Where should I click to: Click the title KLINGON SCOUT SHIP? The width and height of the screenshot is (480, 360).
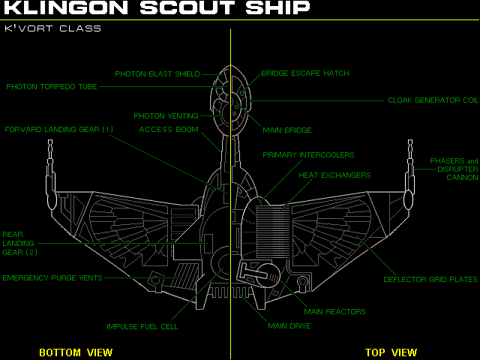coord(157,9)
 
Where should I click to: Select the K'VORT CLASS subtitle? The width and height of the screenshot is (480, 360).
coord(52,28)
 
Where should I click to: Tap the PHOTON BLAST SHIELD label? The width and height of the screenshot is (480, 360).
coord(157,74)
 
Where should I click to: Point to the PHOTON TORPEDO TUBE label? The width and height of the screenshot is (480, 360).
coord(52,87)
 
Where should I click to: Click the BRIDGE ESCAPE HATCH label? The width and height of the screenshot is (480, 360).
coord(305,73)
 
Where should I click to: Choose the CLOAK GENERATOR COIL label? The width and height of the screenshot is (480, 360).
coord(433,100)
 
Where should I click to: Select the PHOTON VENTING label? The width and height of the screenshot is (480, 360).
coord(166,116)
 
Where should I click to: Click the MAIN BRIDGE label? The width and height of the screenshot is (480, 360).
coord(287,130)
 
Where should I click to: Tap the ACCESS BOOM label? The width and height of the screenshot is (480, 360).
coord(169,130)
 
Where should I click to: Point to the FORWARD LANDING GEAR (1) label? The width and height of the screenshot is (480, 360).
coord(59,129)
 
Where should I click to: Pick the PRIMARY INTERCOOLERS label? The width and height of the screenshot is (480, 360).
coord(308,155)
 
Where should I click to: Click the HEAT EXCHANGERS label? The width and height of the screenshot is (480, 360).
coord(334,175)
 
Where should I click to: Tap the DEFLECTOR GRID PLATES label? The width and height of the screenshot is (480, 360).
coord(430,280)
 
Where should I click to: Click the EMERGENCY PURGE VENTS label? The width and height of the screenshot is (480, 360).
coord(52,278)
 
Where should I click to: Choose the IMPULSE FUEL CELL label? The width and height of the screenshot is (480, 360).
coord(142,327)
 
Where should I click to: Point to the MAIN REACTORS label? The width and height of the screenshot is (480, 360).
coord(334,311)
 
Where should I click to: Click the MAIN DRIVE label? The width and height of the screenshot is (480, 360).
coord(289,326)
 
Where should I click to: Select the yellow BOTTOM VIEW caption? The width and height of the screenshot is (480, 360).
coord(76,352)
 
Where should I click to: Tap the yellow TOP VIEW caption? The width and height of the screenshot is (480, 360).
coord(391,352)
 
